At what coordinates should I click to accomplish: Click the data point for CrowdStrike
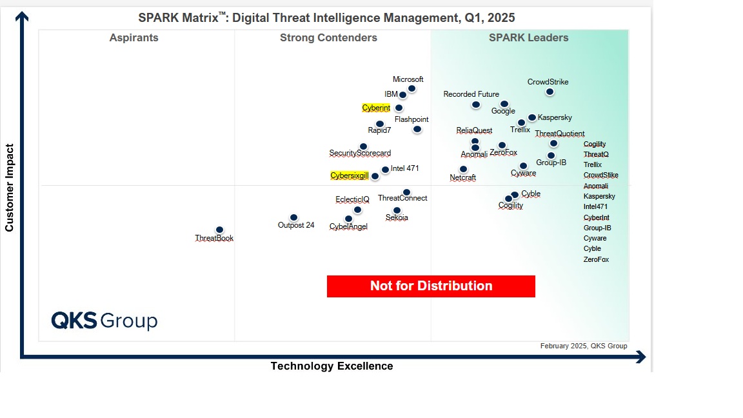550,92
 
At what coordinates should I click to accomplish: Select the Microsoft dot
411,88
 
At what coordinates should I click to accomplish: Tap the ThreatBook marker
219,230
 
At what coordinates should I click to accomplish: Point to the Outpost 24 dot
293,217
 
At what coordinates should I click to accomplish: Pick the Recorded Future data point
475,104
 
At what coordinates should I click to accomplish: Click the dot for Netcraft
463,169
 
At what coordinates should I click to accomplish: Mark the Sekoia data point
397,210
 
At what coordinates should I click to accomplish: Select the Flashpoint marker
417,129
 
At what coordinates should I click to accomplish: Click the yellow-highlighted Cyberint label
376,108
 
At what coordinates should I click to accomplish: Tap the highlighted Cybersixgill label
349,175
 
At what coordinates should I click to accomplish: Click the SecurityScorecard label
360,153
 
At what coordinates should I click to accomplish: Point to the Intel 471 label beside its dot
405,168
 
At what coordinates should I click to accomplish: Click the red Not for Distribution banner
431,286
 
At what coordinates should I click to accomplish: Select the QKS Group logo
104,321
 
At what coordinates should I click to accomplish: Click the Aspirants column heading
134,37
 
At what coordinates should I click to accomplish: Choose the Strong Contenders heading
328,37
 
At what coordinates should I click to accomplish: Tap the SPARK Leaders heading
528,37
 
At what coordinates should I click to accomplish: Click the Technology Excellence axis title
332,366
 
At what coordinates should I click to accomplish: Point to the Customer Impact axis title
9,188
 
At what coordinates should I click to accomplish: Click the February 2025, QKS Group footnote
583,346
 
